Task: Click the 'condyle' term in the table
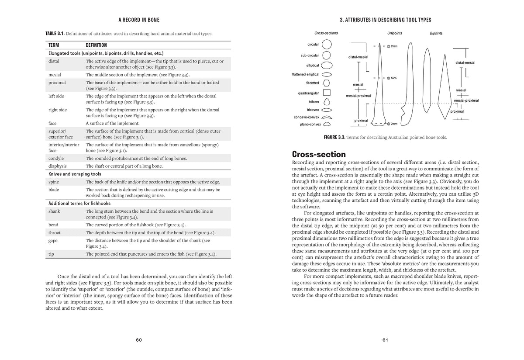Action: point(56,158)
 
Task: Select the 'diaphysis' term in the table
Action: point(57,166)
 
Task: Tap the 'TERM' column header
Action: point(54,45)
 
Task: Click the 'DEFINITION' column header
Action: point(96,45)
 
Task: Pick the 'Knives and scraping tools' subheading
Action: point(74,174)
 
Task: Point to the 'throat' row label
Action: point(55,232)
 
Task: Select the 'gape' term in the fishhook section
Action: point(53,240)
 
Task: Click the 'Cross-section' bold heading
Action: point(318,154)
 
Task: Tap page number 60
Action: point(139,340)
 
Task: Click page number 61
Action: point(385,340)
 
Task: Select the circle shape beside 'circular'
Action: point(327,44)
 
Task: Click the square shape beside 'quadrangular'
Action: point(327,93)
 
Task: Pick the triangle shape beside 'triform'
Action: point(327,101)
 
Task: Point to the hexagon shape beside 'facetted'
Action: point(327,83)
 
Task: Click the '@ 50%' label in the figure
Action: point(391,78)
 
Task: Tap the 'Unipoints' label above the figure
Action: point(395,33)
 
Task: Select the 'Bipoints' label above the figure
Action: point(436,33)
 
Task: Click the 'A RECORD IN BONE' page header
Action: point(139,20)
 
